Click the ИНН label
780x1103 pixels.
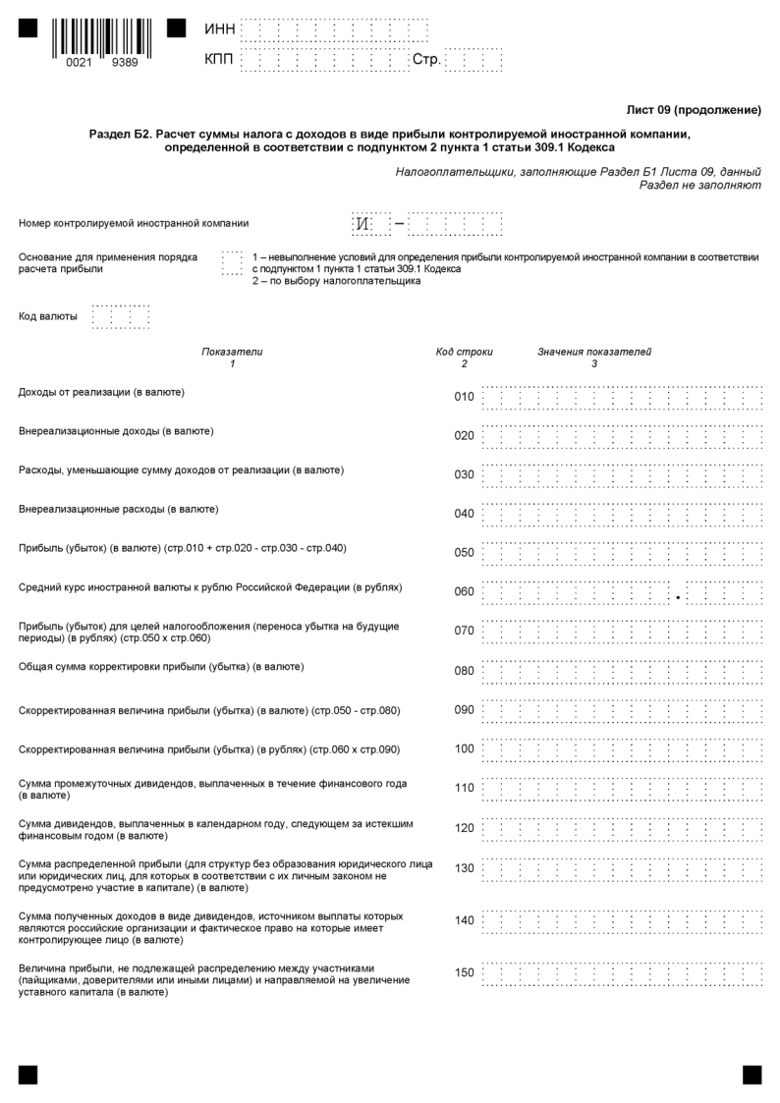tap(220, 29)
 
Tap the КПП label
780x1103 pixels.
tap(220, 61)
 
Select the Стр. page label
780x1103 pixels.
tap(426, 61)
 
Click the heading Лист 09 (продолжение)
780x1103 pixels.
tap(694, 110)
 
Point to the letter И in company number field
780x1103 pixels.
tap(362, 224)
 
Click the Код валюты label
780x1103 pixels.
tap(48, 316)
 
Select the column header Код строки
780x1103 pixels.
tap(464, 352)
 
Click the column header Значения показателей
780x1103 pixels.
tap(593, 352)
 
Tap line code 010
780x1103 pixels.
tap(464, 397)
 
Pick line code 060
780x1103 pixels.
tap(464, 592)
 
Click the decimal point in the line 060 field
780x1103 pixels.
tap(678, 597)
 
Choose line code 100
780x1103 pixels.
tap(464, 749)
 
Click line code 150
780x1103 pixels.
tap(464, 972)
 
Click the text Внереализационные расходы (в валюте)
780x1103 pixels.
tap(119, 509)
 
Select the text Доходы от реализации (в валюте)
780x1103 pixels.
tap(102, 392)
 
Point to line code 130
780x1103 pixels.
tap(464, 867)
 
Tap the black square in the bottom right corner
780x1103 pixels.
tap(752, 1075)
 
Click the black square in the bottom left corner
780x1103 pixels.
tap(28, 1075)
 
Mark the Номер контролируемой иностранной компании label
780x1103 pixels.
tap(134, 223)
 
